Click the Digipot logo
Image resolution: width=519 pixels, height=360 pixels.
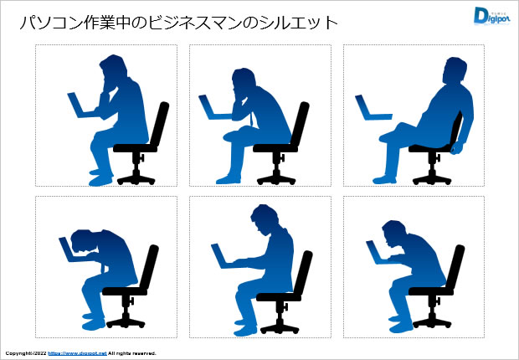coord(491,16)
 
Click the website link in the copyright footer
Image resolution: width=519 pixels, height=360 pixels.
coord(77,353)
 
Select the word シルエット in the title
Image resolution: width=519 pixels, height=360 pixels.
coord(298,23)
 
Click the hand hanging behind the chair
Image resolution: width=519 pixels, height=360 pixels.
coord(456,147)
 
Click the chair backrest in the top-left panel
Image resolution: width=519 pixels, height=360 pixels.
coord(160,124)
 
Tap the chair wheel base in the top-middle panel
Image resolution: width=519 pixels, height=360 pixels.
coord(276,180)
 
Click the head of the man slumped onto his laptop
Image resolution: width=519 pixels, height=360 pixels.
coord(84,242)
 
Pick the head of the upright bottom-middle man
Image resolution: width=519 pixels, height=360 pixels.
coord(264,219)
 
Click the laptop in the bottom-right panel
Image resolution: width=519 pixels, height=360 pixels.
coord(378,253)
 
